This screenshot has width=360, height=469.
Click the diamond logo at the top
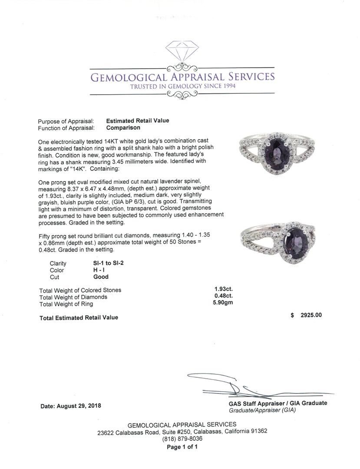coord(182,52)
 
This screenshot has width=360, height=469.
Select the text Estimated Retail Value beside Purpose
coord(138,121)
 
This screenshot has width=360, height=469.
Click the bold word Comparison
coord(123,128)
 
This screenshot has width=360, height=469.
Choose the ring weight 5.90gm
coord(222,303)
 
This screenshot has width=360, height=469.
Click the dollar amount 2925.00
coord(311,315)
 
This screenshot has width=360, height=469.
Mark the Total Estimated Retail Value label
coord(79,318)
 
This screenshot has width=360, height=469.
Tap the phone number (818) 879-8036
coord(182,439)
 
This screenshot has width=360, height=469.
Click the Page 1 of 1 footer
coord(182,446)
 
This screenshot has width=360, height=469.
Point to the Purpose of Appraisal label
coord(66,121)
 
